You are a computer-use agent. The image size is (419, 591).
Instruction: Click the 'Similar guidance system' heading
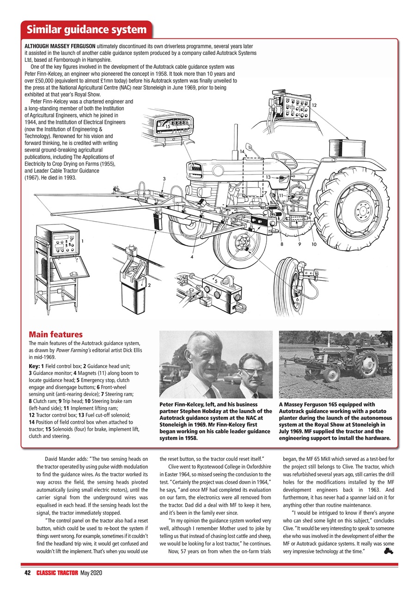(86, 30)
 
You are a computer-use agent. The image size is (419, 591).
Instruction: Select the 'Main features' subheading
(55, 334)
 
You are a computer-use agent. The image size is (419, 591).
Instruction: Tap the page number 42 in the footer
(28, 573)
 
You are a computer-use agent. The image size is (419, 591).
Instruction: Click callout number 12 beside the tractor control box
(314, 105)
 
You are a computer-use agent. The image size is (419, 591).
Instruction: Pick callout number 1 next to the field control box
(82, 241)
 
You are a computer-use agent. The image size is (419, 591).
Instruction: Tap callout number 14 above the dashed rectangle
(242, 151)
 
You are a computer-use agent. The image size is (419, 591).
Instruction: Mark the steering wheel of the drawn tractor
(284, 158)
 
